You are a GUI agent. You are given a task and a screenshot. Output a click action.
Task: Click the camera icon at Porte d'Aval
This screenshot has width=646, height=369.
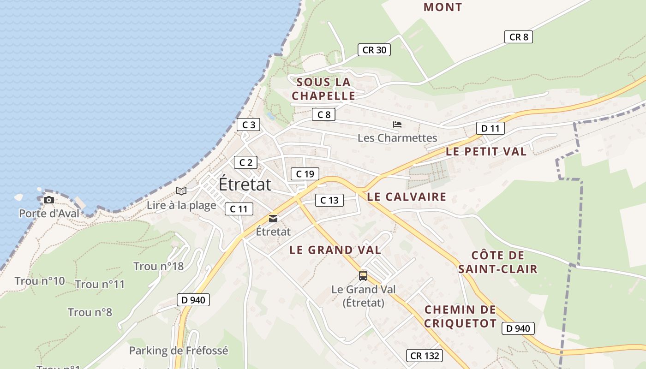pos(49,200)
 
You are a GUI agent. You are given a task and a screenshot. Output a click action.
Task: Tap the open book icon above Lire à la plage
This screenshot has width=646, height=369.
pos(181,191)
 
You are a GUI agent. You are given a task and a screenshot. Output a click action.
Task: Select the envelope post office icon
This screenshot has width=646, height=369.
pos(273,219)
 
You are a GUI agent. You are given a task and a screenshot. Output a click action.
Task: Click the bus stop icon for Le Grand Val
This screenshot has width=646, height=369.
pos(363,276)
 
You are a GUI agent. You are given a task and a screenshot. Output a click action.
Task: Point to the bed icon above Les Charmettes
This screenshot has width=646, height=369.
pos(397,125)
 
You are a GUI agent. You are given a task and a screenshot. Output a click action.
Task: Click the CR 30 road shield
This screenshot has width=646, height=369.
pos(374,50)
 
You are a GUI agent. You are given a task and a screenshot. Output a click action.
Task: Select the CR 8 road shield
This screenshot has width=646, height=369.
pos(519,37)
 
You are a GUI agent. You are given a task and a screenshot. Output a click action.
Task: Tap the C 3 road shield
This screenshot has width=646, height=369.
pos(248,125)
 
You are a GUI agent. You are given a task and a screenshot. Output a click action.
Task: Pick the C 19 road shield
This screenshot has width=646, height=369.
pos(305,174)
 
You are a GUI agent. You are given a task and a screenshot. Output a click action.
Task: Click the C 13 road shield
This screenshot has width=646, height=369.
pos(329,200)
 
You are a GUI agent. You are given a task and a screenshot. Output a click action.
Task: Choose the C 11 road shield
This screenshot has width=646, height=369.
pos(239,209)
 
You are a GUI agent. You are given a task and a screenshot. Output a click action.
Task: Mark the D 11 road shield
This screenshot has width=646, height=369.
pos(490,128)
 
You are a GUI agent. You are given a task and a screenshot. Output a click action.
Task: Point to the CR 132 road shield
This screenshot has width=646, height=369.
pos(425,356)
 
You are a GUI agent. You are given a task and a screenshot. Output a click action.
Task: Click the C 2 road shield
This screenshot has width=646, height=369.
pos(245,162)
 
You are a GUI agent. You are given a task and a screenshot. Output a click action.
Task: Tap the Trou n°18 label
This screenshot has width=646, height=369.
pos(158,266)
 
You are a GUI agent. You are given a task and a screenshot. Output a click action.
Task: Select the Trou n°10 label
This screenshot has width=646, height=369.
pos(40,281)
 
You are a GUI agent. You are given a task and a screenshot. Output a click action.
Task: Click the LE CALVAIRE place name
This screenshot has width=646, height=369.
pos(407,197)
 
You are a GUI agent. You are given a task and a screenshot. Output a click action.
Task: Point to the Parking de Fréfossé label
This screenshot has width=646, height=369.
pos(179,351)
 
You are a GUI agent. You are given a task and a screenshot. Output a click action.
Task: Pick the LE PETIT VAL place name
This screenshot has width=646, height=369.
pos(486,151)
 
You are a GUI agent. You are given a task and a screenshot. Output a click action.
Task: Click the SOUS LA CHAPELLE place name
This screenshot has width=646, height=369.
pos(323,89)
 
